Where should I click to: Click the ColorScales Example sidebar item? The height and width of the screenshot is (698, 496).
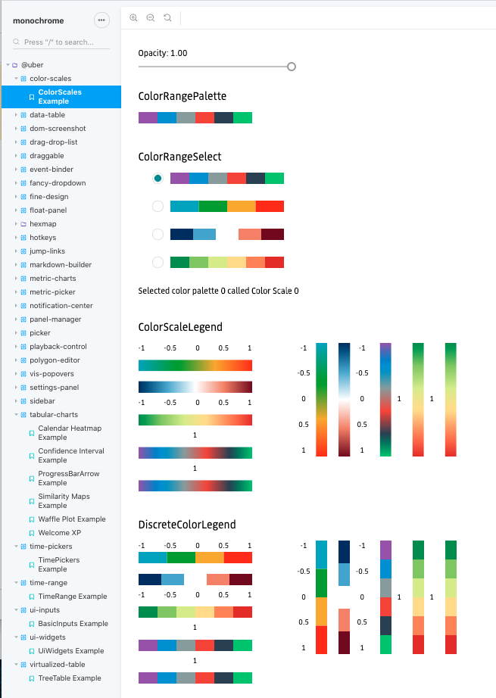[60, 96]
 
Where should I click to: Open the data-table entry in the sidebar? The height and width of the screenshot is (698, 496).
[47, 115]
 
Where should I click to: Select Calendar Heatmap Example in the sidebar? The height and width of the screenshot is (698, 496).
[70, 432]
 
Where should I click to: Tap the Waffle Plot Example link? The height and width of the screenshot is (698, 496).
[72, 519]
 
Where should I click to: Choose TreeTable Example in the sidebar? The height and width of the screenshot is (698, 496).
[70, 678]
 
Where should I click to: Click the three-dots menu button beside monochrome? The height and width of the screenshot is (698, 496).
[101, 20]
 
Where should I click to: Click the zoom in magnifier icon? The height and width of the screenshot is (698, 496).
[134, 17]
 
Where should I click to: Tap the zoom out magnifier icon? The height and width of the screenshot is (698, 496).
[151, 17]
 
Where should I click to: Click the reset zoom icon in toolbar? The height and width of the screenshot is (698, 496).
[167, 17]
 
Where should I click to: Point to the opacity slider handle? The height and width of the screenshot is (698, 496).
[292, 67]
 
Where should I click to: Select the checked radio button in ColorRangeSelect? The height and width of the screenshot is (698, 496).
[158, 178]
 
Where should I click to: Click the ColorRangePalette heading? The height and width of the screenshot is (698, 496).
[182, 96]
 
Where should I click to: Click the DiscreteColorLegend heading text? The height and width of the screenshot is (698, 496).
[187, 524]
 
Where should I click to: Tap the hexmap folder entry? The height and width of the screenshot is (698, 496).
[43, 224]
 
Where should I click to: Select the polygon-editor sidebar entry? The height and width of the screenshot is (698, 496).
[55, 360]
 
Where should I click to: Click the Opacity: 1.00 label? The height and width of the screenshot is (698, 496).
[163, 53]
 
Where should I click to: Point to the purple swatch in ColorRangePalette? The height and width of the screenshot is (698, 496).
[148, 117]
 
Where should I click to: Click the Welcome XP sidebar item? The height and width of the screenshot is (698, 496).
[60, 533]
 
